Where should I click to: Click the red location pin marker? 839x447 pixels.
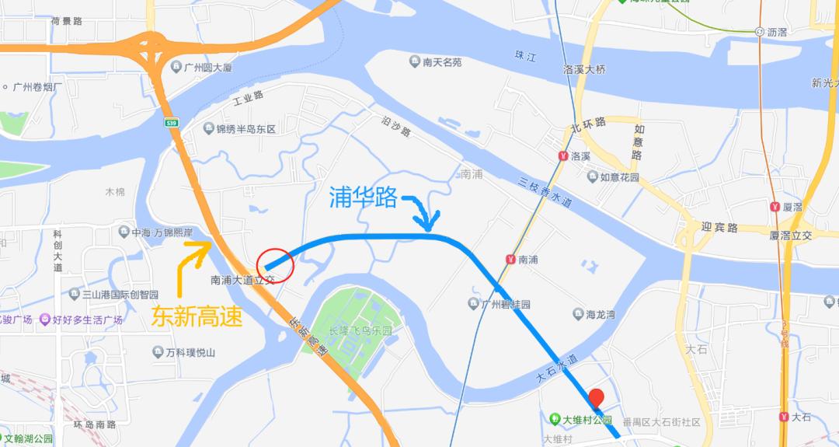(x=596, y=399)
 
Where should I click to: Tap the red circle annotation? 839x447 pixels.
(x=275, y=265)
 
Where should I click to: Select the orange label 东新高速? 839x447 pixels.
(x=195, y=317)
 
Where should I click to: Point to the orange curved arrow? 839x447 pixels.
(x=190, y=265)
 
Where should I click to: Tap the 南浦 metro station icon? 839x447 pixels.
(x=510, y=259)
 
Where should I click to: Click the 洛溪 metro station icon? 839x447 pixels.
(x=562, y=155)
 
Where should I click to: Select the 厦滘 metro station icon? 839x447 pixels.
(x=775, y=207)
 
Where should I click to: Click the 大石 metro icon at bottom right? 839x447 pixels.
(x=784, y=417)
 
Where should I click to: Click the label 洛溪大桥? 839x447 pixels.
(x=584, y=70)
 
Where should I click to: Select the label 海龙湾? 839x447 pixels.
(x=598, y=314)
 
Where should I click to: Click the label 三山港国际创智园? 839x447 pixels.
(x=120, y=295)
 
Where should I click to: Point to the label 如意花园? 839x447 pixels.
(x=618, y=177)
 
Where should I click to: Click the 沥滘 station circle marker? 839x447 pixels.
(x=759, y=31)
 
